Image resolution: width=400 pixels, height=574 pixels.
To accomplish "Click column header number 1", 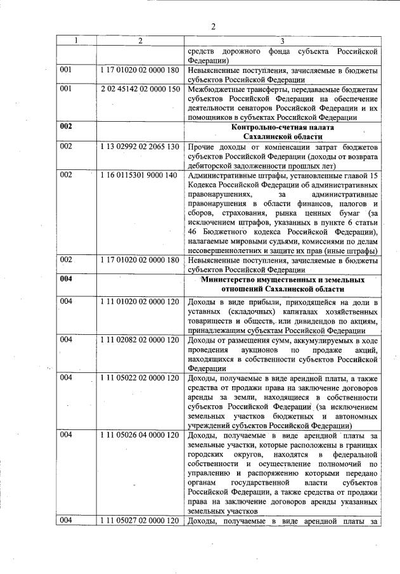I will click(77, 41).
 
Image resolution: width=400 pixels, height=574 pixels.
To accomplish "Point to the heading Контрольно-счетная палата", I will click(283, 127).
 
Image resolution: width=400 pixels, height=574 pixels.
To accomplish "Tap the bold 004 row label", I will click(67, 280).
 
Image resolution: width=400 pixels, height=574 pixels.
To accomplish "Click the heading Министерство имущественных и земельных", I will click(282, 280).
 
